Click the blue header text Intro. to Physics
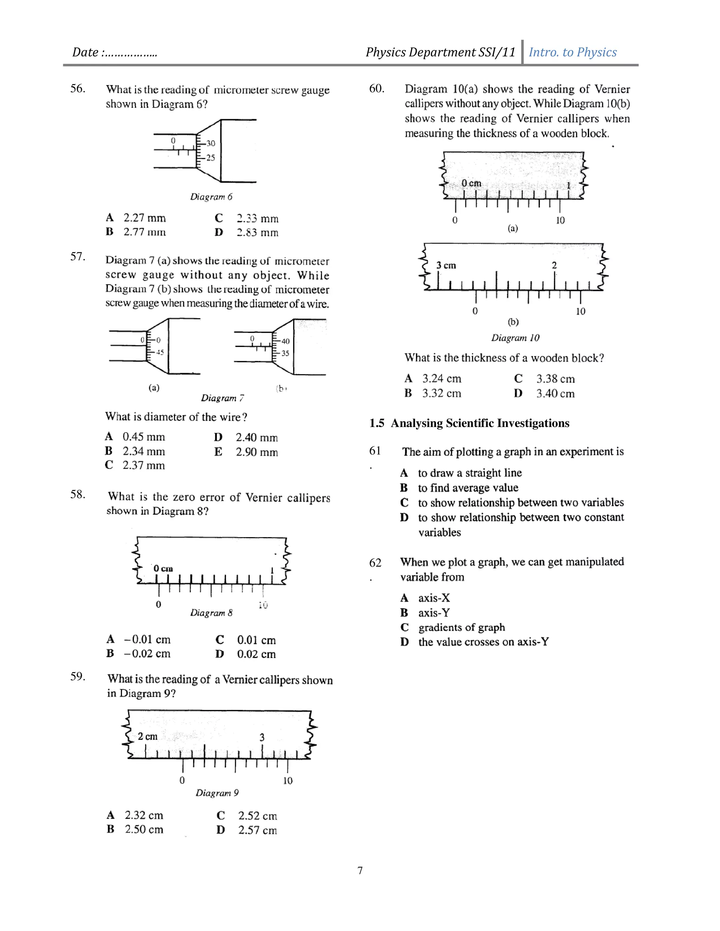pyautogui.click(x=572, y=52)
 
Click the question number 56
pyautogui.click(x=78, y=89)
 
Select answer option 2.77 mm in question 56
pyautogui.click(x=144, y=232)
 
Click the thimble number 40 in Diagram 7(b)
pyautogui.click(x=285, y=341)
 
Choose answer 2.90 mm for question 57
pyautogui.click(x=256, y=452)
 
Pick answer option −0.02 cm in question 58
pyautogui.click(x=147, y=653)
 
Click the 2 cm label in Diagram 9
pyautogui.click(x=148, y=737)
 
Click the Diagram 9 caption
pyautogui.click(x=217, y=793)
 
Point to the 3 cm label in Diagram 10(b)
pyautogui.click(x=446, y=266)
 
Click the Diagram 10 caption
pyautogui.click(x=515, y=338)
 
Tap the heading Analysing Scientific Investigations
pyautogui.click(x=480, y=423)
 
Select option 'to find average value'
pyautogui.click(x=468, y=488)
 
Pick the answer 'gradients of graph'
pyautogui.click(x=462, y=627)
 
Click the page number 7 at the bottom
pyautogui.click(x=360, y=871)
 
